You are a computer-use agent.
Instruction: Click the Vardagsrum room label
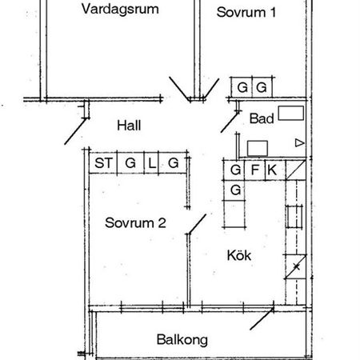pos(119,10)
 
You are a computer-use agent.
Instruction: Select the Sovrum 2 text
pos(135,223)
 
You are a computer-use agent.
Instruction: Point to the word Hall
pos(128,125)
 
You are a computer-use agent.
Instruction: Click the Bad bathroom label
pos(260,118)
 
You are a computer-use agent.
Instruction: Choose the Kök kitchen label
pos(239,256)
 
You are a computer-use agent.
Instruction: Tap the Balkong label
pos(182,339)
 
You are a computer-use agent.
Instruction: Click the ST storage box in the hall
pos(103,163)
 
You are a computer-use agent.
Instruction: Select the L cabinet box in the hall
pos(152,163)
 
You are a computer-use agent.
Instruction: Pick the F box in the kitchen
pos(254,170)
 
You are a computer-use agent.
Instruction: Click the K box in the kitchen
pos(273,170)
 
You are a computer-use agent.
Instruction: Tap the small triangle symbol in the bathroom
pos(299,143)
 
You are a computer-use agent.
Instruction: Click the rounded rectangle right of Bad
pos(290,113)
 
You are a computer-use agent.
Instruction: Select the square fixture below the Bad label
pos(258,147)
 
